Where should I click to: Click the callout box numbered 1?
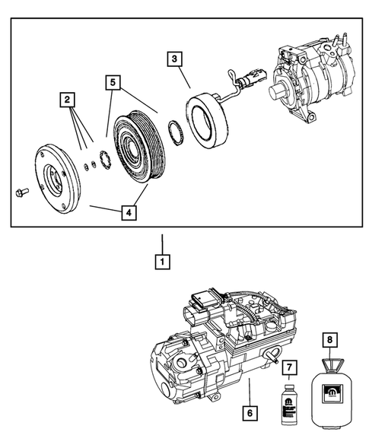pos(161,262)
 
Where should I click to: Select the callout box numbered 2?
pos(68,99)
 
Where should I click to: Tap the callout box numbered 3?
pos(174,59)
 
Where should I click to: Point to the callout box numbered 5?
pos(113,80)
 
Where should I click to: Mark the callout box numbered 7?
pos(288,368)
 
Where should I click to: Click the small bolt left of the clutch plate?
pos(21,192)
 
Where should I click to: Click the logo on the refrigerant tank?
pos(330,395)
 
